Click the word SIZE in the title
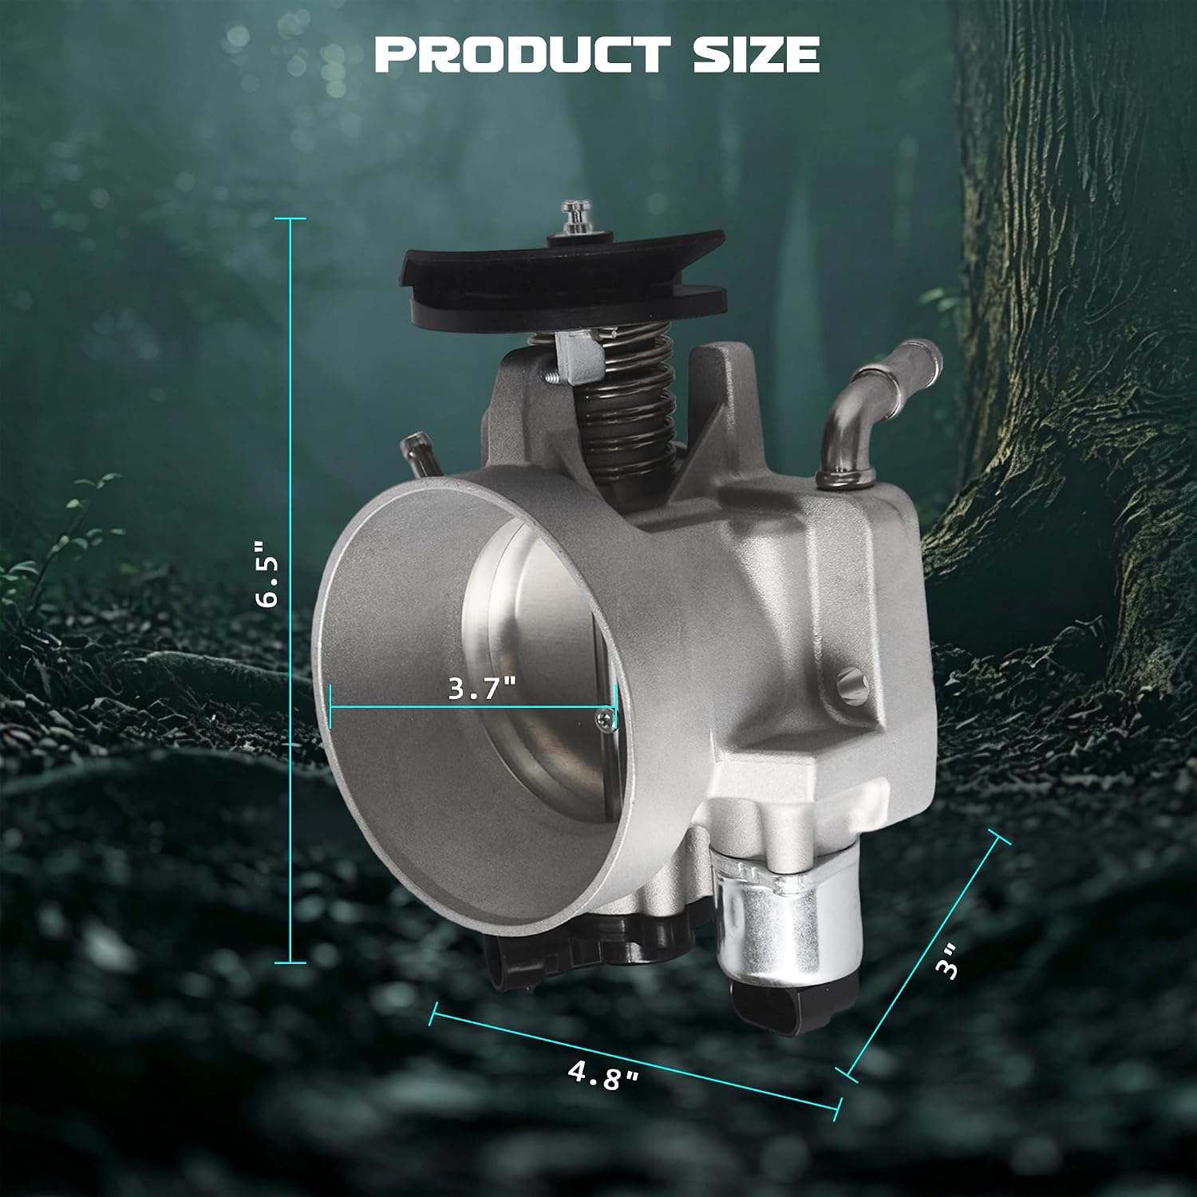click(757, 53)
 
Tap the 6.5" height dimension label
click(268, 575)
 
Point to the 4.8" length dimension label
click(604, 1074)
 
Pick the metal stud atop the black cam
click(573, 217)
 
